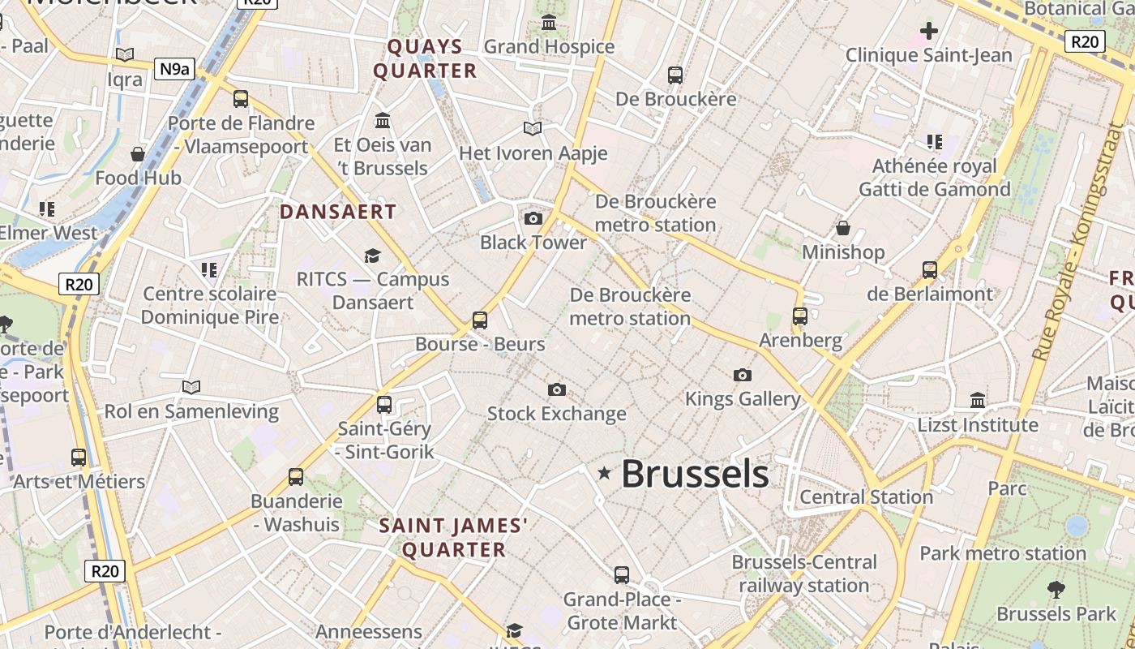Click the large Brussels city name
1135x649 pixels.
[695, 474]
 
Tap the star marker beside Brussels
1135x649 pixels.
[604, 473]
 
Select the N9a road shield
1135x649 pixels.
[174, 69]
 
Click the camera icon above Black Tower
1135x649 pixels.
[533, 218]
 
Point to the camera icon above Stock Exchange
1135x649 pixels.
[556, 390]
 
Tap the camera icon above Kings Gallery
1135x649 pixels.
[742, 375]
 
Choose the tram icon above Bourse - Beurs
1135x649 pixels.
[480, 320]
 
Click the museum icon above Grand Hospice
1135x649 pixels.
[549, 23]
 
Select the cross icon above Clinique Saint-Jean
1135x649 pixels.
[929, 32]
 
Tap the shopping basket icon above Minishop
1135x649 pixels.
[843, 228]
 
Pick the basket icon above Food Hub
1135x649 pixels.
[138, 154]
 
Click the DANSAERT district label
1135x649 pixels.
[338, 213]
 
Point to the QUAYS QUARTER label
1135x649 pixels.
[425, 58]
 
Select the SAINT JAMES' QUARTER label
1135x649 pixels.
[454, 538]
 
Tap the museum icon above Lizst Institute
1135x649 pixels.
[978, 400]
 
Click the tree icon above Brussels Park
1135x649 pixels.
[1056, 589]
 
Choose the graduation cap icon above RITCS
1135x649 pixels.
[372, 256]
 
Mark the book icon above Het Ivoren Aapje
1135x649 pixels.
[533, 129]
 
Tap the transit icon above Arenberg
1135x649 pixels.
[800, 316]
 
